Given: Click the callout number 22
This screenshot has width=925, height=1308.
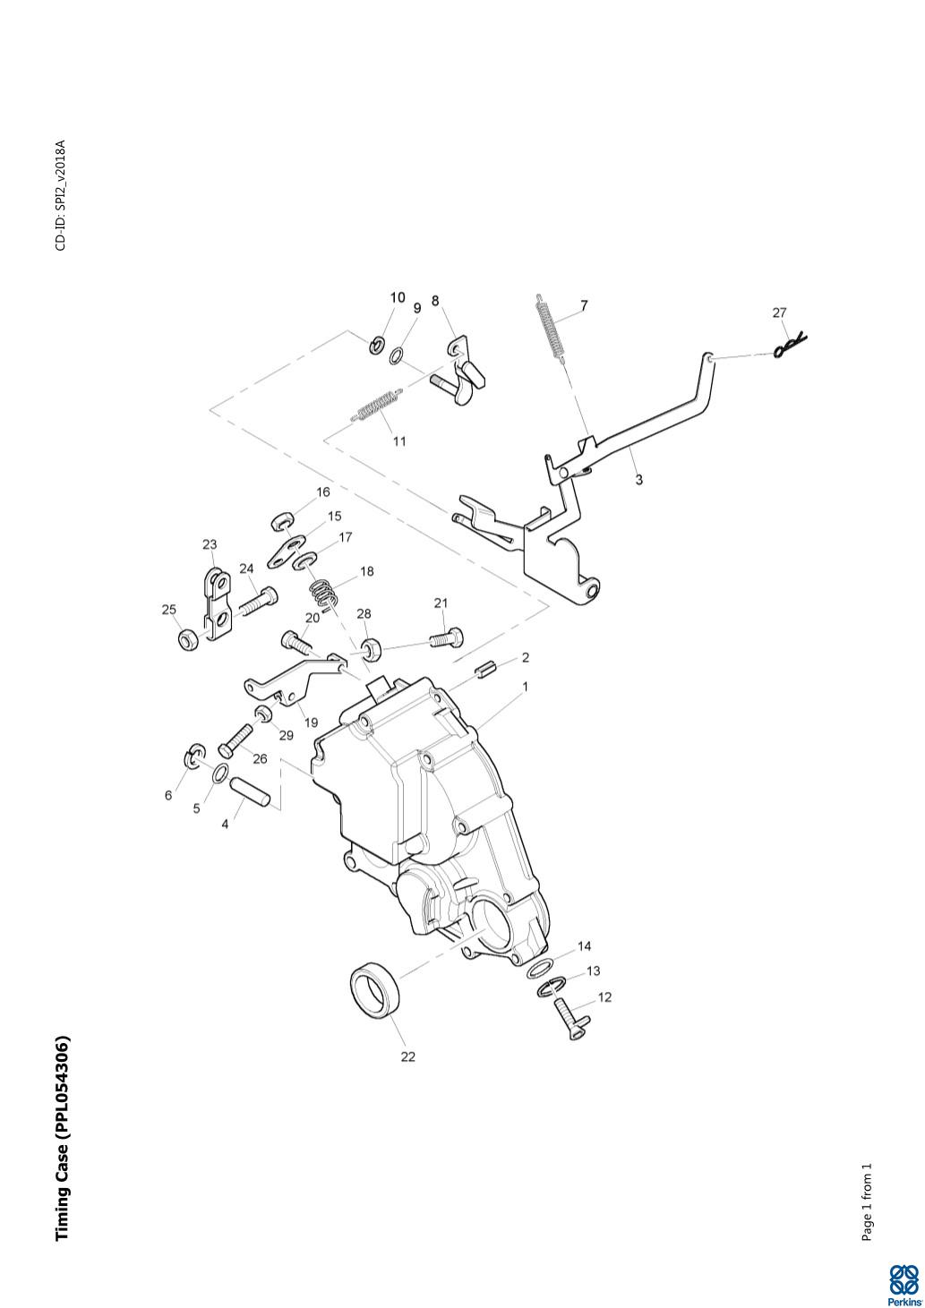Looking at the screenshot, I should point(408,1056).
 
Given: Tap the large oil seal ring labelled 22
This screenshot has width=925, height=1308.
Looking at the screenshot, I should point(375,989).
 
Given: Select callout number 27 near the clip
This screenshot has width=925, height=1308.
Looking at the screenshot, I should point(779,312).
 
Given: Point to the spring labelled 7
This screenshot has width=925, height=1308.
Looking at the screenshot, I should point(551,327).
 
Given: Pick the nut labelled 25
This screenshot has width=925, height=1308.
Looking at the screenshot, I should point(188,639).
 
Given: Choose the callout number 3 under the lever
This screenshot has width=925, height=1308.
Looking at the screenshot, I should point(638,480).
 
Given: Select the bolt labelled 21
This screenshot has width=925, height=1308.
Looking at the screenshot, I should point(446,638).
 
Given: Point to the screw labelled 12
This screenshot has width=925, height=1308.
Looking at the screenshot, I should point(568,1019).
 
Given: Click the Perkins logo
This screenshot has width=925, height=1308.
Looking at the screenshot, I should point(903,1284).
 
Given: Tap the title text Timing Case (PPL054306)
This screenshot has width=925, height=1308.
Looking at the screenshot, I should point(62,1138).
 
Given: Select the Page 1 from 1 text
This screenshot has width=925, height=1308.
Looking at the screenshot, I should point(867,1201).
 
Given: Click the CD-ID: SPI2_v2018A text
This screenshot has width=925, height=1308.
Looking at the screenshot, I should point(61,195).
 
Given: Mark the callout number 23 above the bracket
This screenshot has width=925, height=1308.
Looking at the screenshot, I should point(210,544).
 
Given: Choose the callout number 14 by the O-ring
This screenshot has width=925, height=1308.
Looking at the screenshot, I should point(585,945).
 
